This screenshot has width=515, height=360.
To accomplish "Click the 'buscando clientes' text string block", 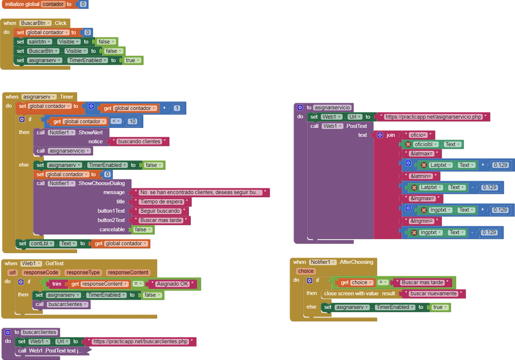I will coord(139,141).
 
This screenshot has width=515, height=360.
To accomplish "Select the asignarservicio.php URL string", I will coord(433,117).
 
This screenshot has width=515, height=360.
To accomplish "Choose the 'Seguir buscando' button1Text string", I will coord(159,211).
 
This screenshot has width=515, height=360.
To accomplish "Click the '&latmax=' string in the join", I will coord(421,154).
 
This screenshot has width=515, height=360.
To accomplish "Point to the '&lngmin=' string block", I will coord(421,221).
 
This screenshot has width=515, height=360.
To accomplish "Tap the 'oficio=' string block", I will coord(418,135).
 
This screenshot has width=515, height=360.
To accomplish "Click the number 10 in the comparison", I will coord(132,121).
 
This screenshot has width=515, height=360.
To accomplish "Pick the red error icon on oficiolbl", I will coord(409,144).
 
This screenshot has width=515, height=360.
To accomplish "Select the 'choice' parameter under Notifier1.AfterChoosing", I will coord(306,271).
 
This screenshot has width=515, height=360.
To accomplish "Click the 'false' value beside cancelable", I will coord(142,230).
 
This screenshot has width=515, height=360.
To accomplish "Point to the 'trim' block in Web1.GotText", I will coord(57,284).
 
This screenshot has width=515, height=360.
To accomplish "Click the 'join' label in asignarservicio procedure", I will coord(391,135).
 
